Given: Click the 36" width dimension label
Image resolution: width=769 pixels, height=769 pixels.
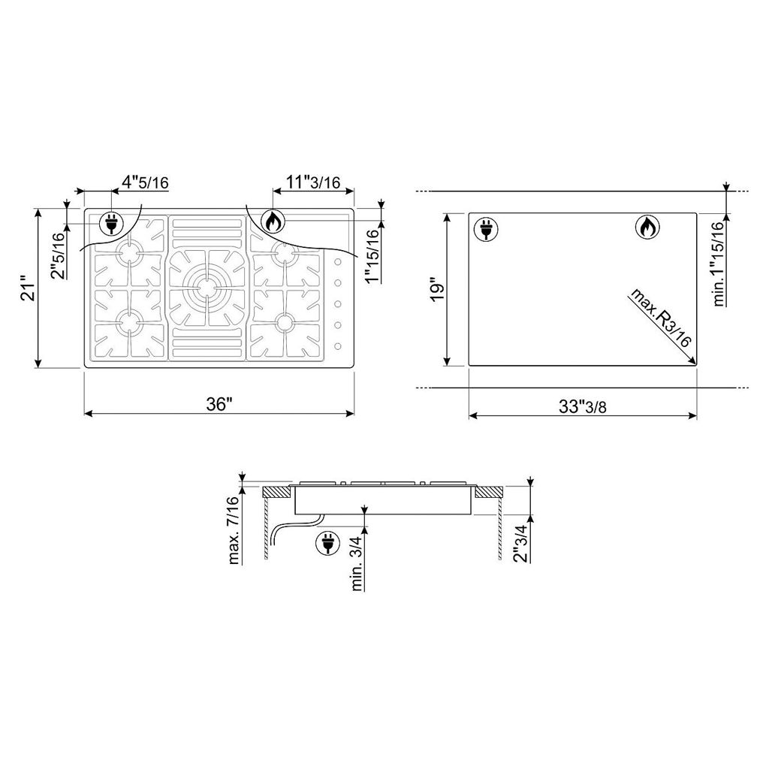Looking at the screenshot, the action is (x=219, y=405).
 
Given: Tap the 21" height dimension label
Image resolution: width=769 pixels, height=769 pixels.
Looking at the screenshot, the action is (x=29, y=291).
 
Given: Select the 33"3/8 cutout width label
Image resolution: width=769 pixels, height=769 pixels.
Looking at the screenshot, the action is (x=583, y=406).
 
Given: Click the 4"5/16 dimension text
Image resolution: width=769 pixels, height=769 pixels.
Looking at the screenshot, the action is (x=145, y=182).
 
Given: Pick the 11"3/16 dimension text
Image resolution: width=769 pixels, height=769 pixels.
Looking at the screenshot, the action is (x=313, y=182).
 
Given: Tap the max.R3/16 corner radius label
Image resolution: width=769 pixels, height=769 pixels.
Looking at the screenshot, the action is (x=660, y=318).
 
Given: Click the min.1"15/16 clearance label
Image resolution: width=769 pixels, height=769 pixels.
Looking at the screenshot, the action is (x=719, y=264).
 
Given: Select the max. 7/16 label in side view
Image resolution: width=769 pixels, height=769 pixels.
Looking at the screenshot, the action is (x=234, y=530).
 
